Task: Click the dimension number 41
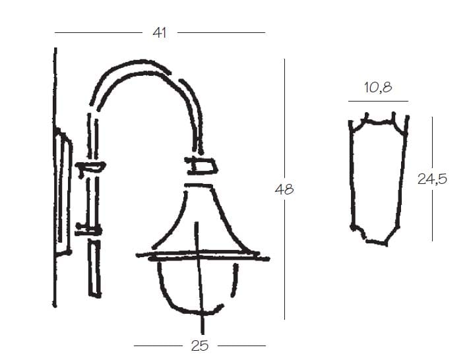pos(160,32)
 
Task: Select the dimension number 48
pos(284,189)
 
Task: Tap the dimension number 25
pos(200,346)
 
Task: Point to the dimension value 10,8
pos(378,87)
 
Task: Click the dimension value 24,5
pos(432,179)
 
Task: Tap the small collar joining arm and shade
pos(201,165)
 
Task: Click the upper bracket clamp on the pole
pos(90,167)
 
